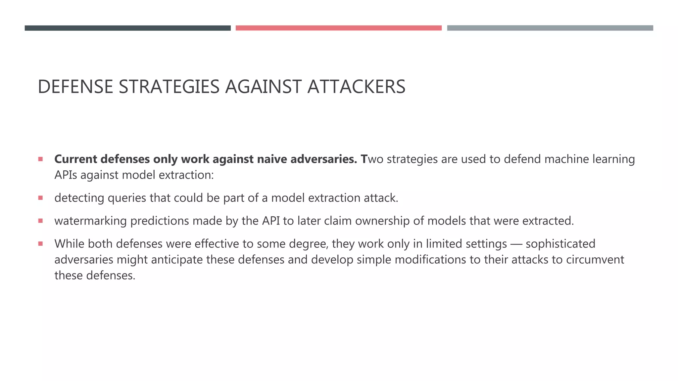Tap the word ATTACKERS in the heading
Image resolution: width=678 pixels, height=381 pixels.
tap(356, 87)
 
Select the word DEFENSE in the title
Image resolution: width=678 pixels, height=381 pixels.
tap(75, 87)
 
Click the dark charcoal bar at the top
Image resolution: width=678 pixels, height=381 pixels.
tap(127, 28)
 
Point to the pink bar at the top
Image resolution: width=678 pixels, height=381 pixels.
tap(338, 28)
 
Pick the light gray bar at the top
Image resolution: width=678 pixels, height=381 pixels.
tap(550, 28)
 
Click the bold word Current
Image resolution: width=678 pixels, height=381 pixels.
tap(75, 159)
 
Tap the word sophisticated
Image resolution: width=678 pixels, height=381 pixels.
tap(560, 244)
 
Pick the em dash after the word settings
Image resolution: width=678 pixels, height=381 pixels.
tap(516, 244)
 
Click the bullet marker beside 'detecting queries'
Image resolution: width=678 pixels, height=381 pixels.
tap(40, 198)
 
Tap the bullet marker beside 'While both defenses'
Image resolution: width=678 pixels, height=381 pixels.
tap(40, 244)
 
